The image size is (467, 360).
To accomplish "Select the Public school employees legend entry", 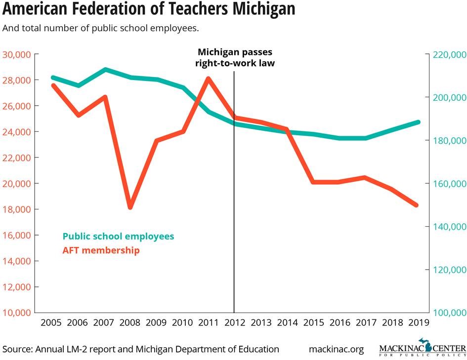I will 118,236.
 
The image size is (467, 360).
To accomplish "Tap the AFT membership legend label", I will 101,250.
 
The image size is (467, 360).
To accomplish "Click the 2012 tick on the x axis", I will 234,323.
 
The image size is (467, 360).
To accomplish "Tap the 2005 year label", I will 51,323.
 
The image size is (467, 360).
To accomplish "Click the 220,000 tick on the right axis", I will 449,54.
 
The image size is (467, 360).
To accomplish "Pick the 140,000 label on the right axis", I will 449,227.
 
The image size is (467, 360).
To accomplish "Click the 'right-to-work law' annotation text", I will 235,63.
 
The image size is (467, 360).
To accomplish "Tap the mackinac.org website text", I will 336,349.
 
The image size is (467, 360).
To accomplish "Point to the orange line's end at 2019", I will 416,205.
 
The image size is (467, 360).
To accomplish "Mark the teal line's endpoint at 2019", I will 418,122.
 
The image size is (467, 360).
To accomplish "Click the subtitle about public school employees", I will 101,28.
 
